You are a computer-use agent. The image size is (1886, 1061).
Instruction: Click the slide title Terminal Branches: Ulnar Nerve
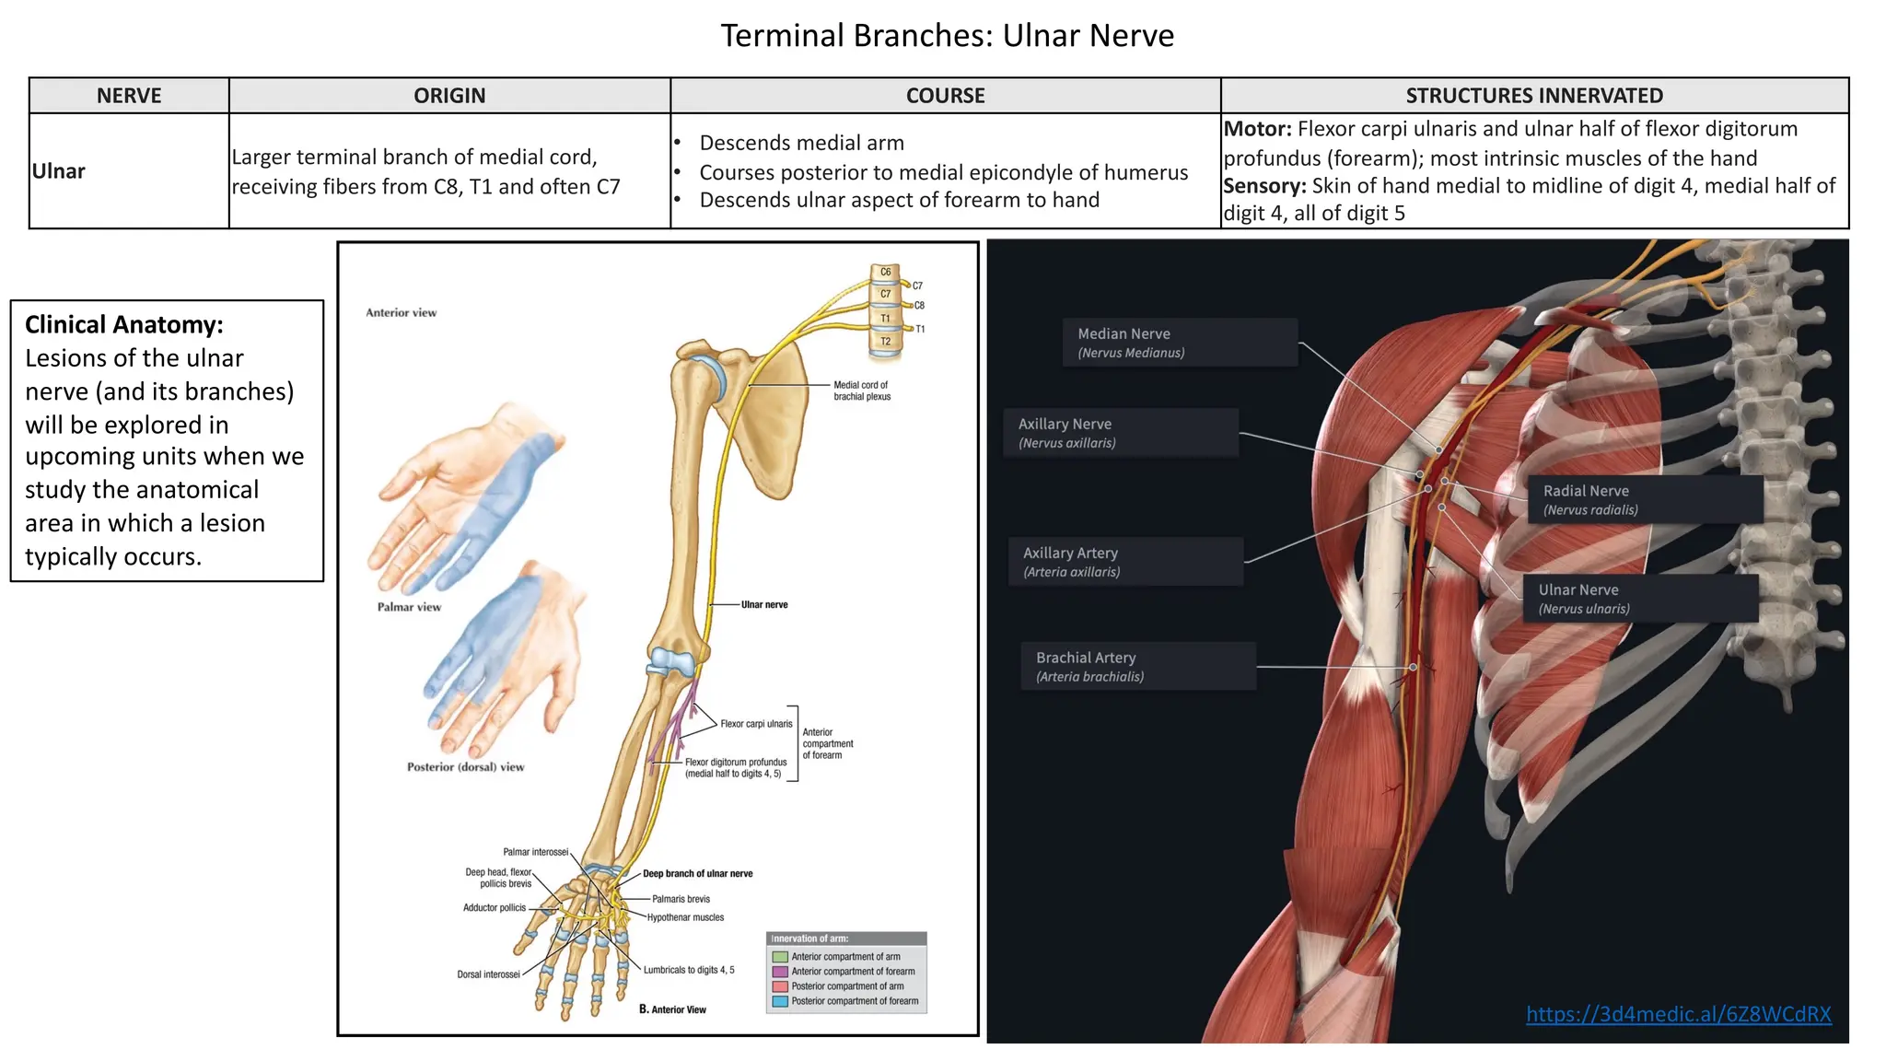[x=947, y=36]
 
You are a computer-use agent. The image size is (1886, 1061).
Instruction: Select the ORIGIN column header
[x=449, y=96]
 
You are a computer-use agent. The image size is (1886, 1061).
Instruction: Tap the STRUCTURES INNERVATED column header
[x=1534, y=96]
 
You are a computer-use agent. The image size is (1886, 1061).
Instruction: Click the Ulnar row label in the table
[x=59, y=171]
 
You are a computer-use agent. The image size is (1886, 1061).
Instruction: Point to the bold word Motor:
[x=1258, y=129]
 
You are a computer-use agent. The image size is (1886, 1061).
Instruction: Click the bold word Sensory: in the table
[x=1264, y=186]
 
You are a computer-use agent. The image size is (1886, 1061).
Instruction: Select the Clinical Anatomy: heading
[x=124, y=324]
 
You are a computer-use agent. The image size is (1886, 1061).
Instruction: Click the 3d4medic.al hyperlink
[x=1678, y=1014]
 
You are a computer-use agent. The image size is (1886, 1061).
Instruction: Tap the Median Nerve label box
[x=1180, y=343]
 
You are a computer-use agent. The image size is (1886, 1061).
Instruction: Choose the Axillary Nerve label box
[x=1121, y=433]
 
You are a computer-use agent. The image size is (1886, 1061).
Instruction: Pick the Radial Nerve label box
[x=1645, y=500]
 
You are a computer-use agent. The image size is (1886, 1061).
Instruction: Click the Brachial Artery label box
[x=1138, y=667]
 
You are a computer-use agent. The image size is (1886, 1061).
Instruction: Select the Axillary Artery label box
[x=1126, y=562]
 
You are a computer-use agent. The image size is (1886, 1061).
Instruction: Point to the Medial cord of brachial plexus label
[x=862, y=391]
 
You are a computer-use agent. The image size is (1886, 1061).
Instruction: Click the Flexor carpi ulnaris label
[x=756, y=724]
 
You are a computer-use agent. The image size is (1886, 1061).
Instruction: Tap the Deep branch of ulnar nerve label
[x=697, y=873]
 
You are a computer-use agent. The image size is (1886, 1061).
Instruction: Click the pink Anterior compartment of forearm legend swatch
[x=780, y=972]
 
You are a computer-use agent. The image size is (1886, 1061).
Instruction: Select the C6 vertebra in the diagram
[x=885, y=273]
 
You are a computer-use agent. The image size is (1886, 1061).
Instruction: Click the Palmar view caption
[x=409, y=607]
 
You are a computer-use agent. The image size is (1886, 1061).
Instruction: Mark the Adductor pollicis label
[x=495, y=908]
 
